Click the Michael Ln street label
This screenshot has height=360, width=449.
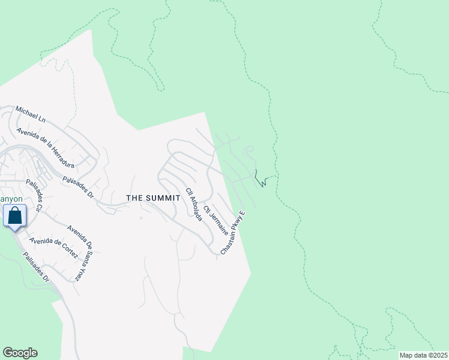pyautogui.click(x=31, y=116)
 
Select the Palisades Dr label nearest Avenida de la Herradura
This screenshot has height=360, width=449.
pyautogui.click(x=79, y=187)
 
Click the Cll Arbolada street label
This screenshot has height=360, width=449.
pyautogui.click(x=194, y=204)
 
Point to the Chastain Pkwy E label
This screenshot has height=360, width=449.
pyautogui.click(x=234, y=233)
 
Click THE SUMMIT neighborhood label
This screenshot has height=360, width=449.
pyautogui.click(x=153, y=198)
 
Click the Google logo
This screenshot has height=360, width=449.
pyautogui.click(x=20, y=353)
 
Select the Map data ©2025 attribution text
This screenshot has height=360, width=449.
pyautogui.click(x=423, y=355)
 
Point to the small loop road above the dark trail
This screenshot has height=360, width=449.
pyautogui.click(x=249, y=149)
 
